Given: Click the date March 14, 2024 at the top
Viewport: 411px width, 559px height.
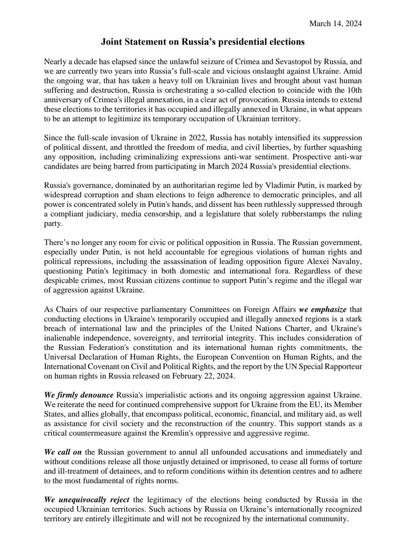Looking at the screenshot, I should point(335,24).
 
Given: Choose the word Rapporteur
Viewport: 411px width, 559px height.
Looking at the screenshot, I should point(342,366).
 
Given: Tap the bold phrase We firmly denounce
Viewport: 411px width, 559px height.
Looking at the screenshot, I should point(79,395).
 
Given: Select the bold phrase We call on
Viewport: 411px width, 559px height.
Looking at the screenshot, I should point(63,452).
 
